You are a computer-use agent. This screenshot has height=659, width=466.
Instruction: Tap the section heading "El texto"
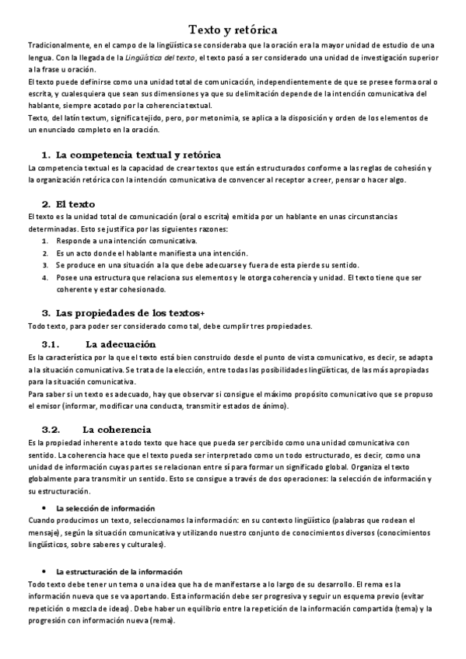pos(76,204)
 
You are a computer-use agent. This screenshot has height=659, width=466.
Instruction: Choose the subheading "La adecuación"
pos(121,343)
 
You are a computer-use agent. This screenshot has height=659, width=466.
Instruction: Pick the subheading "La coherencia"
pos(117,429)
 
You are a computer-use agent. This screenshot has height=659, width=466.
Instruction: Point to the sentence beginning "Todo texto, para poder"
pos(169,326)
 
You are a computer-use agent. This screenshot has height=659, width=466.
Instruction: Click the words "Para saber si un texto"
pos(66,395)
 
